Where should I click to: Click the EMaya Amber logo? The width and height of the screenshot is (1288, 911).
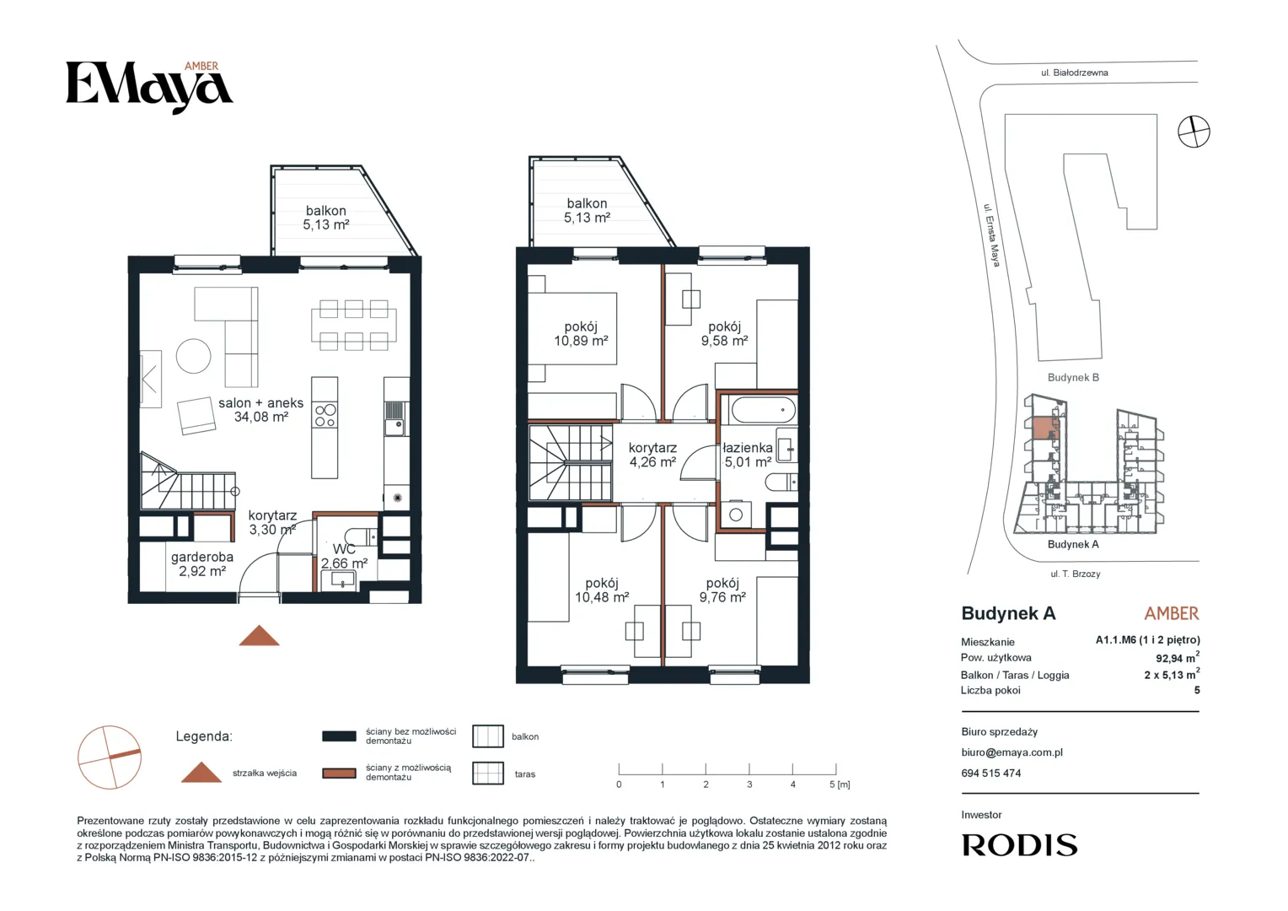pyautogui.click(x=149, y=87)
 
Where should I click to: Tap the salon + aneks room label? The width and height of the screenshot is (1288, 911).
pyautogui.click(x=260, y=410)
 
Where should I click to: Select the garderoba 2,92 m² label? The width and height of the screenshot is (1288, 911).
pyautogui.click(x=201, y=564)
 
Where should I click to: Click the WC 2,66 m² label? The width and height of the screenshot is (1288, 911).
pyautogui.click(x=344, y=557)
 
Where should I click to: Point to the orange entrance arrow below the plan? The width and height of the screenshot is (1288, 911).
pyautogui.click(x=260, y=635)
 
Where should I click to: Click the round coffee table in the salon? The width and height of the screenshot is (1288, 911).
pyautogui.click(x=193, y=356)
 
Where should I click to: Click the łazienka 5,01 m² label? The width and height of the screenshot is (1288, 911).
pyautogui.click(x=748, y=455)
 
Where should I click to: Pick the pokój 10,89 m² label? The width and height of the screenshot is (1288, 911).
pyautogui.click(x=581, y=333)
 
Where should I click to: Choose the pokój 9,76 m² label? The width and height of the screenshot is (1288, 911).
pyautogui.click(x=722, y=590)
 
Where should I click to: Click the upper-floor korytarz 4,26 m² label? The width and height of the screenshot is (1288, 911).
pyautogui.click(x=652, y=455)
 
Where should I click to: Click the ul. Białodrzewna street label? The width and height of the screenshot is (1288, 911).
pyautogui.click(x=1074, y=73)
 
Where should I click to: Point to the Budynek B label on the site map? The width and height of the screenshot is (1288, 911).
pyautogui.click(x=1073, y=378)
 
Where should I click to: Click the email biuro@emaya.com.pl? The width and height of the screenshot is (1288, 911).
pyautogui.click(x=1012, y=752)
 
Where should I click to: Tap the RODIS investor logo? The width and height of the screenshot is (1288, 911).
pyautogui.click(x=1019, y=845)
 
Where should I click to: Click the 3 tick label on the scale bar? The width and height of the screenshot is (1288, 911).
pyautogui.click(x=749, y=784)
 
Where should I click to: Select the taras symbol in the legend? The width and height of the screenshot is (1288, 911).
pyautogui.click(x=487, y=774)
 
